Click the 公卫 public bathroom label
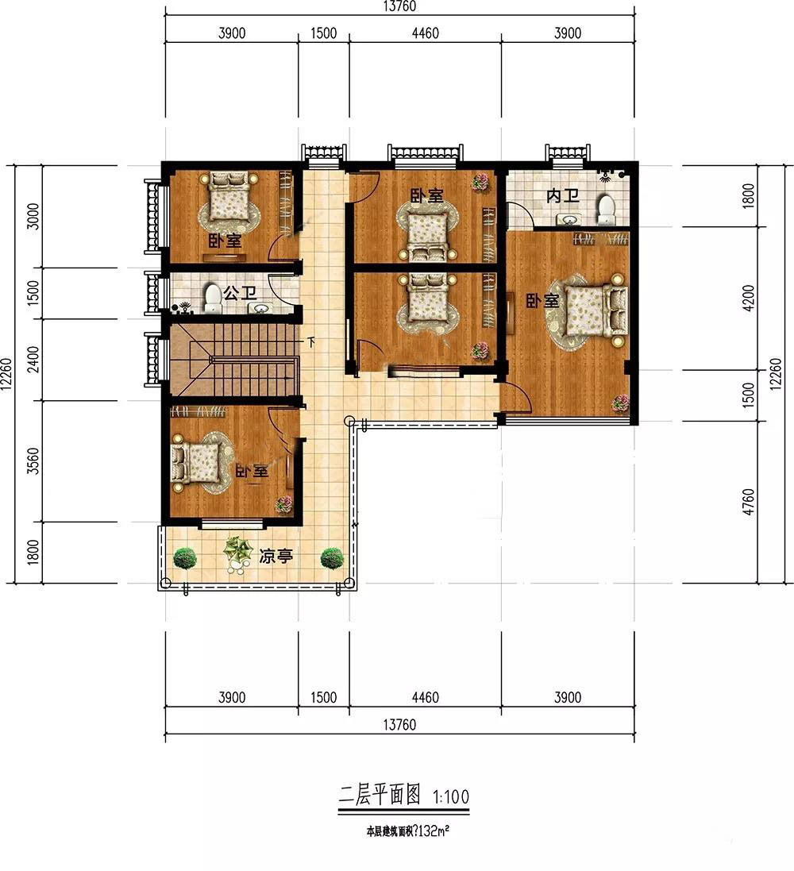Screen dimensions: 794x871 [x=240, y=292]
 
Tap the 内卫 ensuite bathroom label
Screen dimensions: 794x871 [x=563, y=195]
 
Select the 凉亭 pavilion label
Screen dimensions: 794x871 [x=276, y=556]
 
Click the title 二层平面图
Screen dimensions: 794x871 [x=380, y=795]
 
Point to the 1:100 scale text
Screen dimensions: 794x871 [x=451, y=797]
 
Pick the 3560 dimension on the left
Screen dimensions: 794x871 [x=34, y=461]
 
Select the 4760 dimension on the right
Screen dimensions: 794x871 [x=749, y=502]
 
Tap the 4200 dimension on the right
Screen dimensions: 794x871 [x=749, y=298]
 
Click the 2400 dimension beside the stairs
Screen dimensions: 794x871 [x=34, y=360]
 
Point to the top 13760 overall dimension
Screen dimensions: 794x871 [x=399, y=6]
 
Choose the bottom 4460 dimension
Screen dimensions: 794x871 [x=425, y=697]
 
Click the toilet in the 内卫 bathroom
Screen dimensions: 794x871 [x=606, y=210]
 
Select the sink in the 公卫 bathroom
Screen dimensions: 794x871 [x=261, y=308]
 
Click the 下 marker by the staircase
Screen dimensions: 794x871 [x=311, y=343]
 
